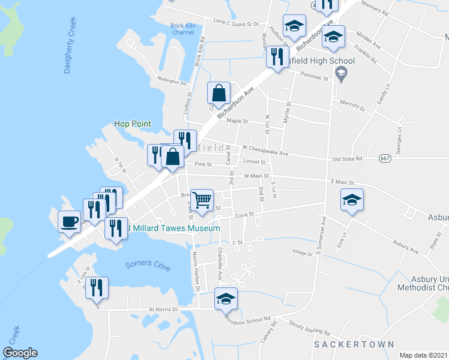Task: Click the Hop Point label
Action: point(133,124)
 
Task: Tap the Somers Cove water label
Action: point(148,265)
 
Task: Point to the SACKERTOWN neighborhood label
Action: point(354,344)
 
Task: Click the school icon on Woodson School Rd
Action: point(226,298)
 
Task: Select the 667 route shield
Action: point(385,158)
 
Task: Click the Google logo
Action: point(20,353)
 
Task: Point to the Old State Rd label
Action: point(348,159)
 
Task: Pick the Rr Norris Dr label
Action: point(164,310)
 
